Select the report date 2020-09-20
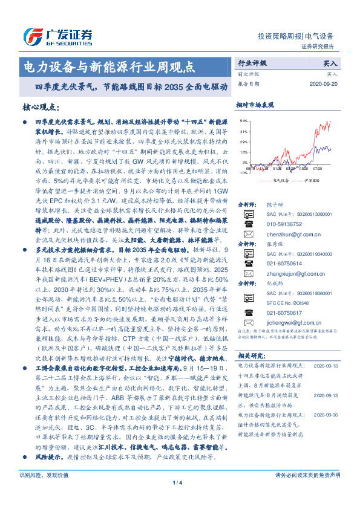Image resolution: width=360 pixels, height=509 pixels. [324, 84]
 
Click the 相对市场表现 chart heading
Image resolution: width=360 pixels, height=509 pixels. [255, 105]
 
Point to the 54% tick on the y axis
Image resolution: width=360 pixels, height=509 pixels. [243, 120]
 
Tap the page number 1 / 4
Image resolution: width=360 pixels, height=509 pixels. [179, 499]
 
